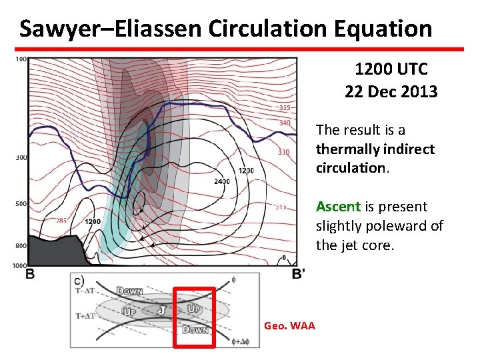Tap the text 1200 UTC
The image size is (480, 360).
pyautogui.click(x=391, y=69)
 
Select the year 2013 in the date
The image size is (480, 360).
pyautogui.click(x=420, y=92)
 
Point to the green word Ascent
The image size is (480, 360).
pyautogui.click(x=338, y=207)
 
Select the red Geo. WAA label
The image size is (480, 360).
pyautogui.click(x=289, y=325)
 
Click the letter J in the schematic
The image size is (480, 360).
pyautogui.click(x=161, y=310)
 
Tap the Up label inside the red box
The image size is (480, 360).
pyautogui.click(x=194, y=309)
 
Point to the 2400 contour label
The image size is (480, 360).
pyautogui.click(x=222, y=181)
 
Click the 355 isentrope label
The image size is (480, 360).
pyautogui.click(x=285, y=108)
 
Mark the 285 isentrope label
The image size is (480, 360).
pyautogui.click(x=61, y=221)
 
